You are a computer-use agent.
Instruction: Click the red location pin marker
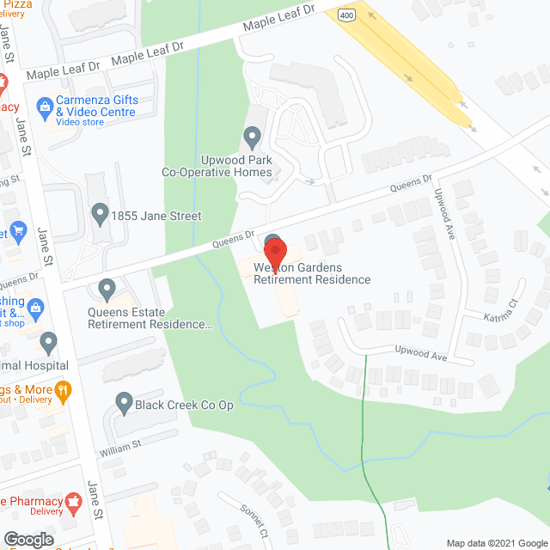274,252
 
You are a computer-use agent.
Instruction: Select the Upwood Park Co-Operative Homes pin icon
252,137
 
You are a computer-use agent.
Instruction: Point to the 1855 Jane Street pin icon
100,211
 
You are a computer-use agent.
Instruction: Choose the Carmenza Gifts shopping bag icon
45,107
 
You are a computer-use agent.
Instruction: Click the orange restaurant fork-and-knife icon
63,394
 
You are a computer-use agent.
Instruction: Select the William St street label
119,446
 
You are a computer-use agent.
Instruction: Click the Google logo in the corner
28,539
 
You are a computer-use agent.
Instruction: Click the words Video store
80,122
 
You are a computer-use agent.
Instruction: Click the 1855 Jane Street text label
156,216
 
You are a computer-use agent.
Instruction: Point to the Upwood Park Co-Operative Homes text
217,166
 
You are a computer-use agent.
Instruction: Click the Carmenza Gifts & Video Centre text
95,106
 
